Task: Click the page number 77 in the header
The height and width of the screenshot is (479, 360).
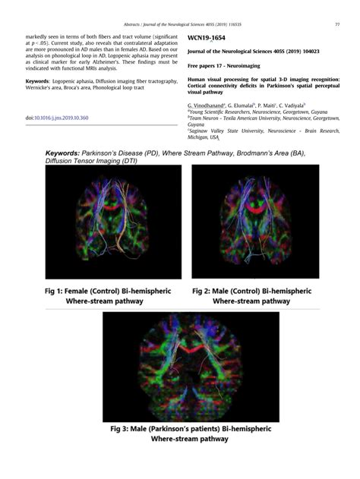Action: (336, 24)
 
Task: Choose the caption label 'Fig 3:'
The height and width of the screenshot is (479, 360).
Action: (126, 429)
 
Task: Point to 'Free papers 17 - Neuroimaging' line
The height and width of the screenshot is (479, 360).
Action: (226, 65)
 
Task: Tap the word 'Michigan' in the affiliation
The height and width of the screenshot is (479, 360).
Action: (199, 136)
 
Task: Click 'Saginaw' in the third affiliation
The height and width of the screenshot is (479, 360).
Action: (202, 130)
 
